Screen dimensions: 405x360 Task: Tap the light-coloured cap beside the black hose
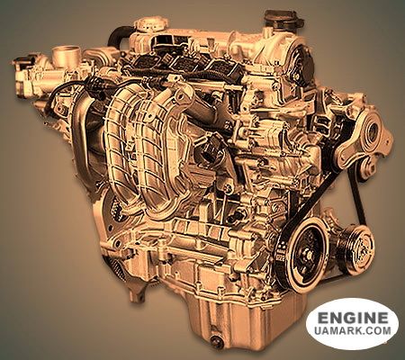pyautogui.click(x=147, y=25)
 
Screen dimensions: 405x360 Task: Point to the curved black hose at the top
pyautogui.click(x=118, y=37)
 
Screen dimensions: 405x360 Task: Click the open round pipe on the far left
pyautogui.click(x=64, y=54)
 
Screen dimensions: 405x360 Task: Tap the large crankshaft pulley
pyautogui.click(x=303, y=254)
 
